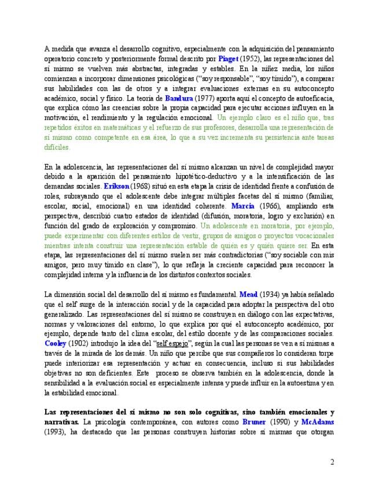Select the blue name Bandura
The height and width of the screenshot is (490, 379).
coord(178,98)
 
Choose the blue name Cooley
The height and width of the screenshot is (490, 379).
coord(56,343)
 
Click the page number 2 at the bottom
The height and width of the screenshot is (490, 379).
coord(332,462)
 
